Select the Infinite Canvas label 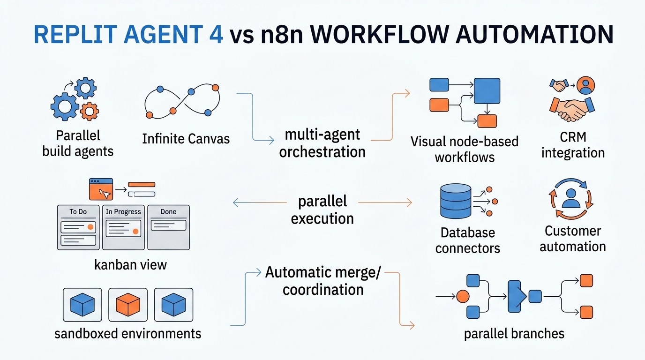pos(186,139)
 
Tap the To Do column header pos(78,212)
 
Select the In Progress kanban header pos(123,212)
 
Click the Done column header pos(168,212)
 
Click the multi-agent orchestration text pos(322,143)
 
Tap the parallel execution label pos(322,210)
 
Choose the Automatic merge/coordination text pos(322,280)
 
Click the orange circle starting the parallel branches pos(463,296)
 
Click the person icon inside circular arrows pos(570,199)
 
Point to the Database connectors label pos(467,240)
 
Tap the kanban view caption pos(130,264)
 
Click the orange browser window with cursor pos(101,189)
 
